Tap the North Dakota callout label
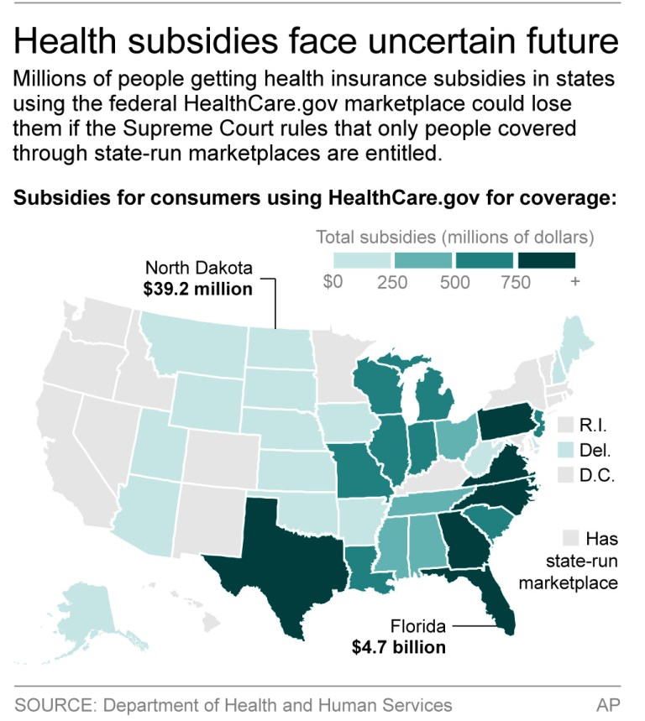(198, 268)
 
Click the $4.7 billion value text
(398, 647)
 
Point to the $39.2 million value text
(198, 289)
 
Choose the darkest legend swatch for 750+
(547, 259)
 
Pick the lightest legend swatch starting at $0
(362, 259)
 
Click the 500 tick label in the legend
(454, 283)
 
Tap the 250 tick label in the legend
(392, 283)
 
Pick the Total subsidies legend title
(454, 236)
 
